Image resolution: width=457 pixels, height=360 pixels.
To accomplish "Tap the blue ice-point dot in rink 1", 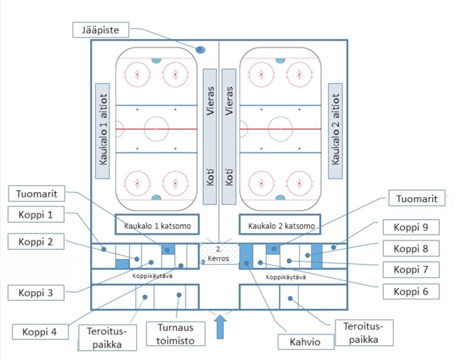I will point(200,51).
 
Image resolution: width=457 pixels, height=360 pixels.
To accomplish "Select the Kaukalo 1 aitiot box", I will point(104,128).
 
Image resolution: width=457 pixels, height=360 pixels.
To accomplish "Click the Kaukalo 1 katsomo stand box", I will point(158,225).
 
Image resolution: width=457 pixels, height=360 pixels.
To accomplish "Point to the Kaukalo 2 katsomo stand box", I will point(280,225).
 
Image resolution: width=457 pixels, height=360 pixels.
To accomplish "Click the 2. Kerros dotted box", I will point(218,253).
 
